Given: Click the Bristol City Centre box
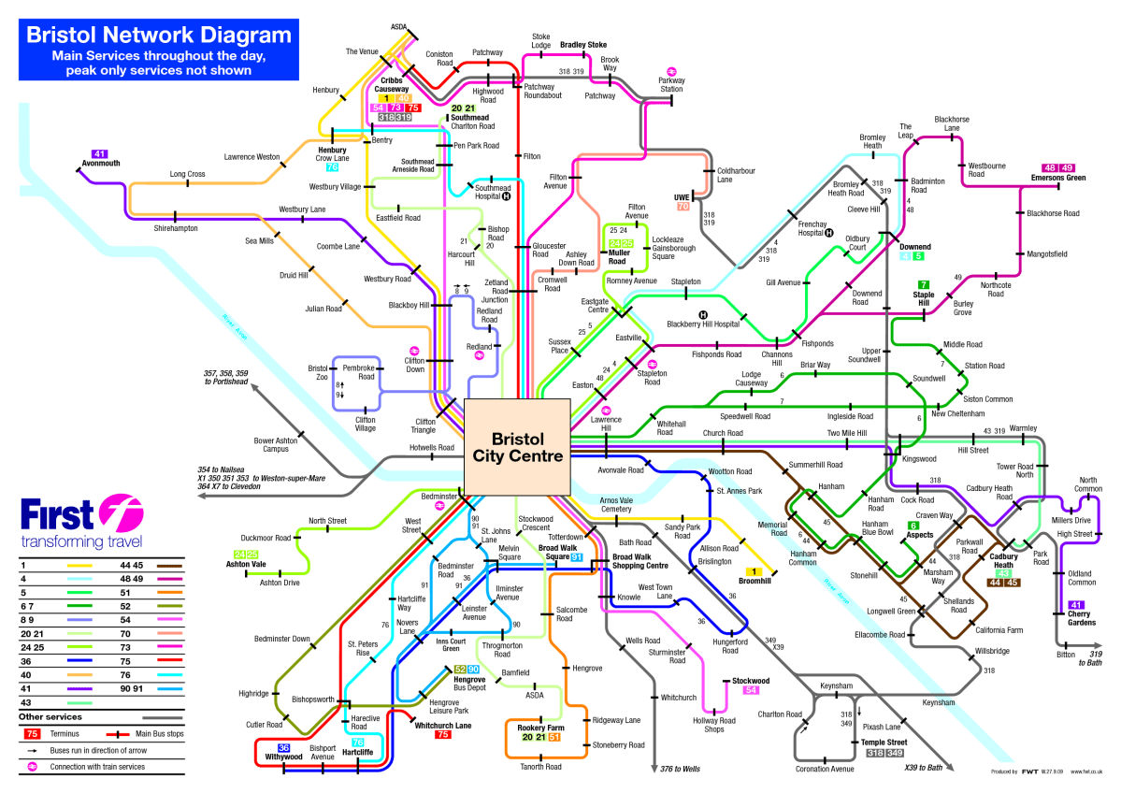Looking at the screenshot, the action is tap(517, 447).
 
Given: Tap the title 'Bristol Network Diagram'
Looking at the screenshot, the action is tap(158, 36).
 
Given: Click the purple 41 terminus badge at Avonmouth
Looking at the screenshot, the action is tap(100, 152).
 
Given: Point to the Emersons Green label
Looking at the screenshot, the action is tap(1057, 178).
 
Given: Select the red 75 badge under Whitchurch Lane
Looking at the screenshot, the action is tap(444, 734).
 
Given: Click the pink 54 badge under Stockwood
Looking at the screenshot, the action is tap(750, 690).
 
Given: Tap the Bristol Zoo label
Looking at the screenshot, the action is tap(318, 373).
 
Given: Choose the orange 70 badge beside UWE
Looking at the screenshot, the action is tap(683, 206).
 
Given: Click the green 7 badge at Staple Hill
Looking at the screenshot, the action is tap(924, 284).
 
